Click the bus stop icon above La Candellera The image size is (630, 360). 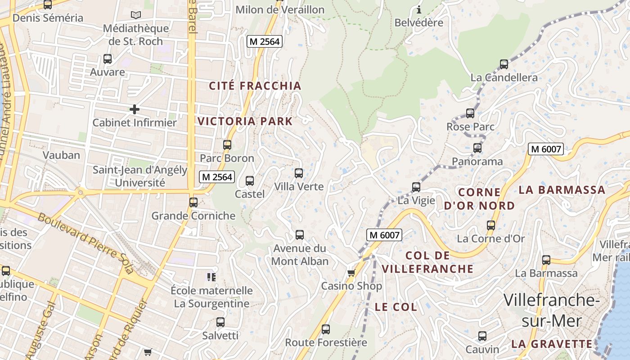504,64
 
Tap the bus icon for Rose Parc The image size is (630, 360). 470,113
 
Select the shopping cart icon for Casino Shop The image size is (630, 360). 351,273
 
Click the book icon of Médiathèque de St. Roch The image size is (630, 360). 135,15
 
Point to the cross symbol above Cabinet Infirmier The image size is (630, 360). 134,109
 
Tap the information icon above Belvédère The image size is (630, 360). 419,9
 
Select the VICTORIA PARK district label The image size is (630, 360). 245,121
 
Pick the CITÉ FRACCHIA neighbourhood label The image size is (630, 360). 255,86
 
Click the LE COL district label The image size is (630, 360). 396,307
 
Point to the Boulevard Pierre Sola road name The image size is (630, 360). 85,243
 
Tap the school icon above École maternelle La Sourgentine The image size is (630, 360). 211,277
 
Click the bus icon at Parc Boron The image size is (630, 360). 227,145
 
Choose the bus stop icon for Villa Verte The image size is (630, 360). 299,173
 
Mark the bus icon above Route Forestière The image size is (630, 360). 326,329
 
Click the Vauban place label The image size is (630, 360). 61,155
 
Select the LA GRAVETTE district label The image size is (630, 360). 552,344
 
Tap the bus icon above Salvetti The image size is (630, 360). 220,322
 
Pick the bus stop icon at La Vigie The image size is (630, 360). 416,187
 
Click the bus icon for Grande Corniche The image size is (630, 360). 193,202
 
